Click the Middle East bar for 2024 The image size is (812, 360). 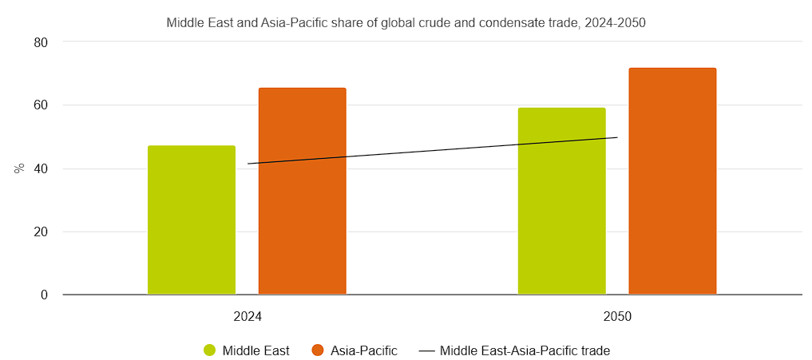[192, 220]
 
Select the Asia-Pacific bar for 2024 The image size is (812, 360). [302, 192]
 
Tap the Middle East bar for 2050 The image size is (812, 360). [561, 201]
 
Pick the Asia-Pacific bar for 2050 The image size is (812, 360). [672, 181]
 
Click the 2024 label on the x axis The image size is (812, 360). [248, 317]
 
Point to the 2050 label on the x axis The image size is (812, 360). [617, 317]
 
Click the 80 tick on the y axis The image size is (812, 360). [41, 42]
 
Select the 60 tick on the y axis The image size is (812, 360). [41, 105]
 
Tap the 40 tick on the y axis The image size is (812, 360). [41, 168]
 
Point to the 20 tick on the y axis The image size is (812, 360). [41, 232]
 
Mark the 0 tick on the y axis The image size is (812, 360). [45, 295]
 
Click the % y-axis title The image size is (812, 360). [19, 168]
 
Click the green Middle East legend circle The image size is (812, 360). [210, 350]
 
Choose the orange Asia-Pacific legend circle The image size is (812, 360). [318, 350]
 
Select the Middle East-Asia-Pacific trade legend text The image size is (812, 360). [525, 350]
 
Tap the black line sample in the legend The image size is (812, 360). [427, 350]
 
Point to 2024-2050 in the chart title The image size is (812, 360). [616, 23]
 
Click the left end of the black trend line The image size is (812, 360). [248, 164]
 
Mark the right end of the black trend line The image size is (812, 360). [617, 137]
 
